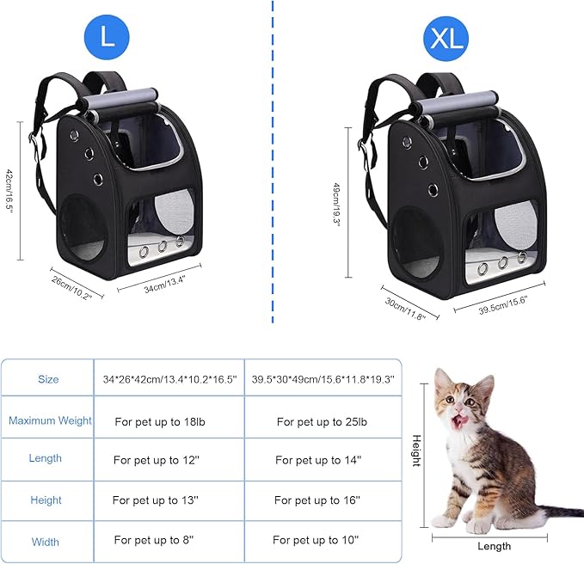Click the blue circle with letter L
click(x=107, y=39)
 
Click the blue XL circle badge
click(x=446, y=39)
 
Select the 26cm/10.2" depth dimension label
click(x=71, y=284)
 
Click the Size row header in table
click(x=48, y=379)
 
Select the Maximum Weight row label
click(x=50, y=421)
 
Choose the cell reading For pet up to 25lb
click(x=322, y=422)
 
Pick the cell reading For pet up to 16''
click(x=317, y=500)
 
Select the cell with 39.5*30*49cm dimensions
click(x=323, y=379)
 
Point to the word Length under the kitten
click(x=494, y=546)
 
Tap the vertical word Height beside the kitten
click(x=416, y=451)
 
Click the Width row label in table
click(x=46, y=542)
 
